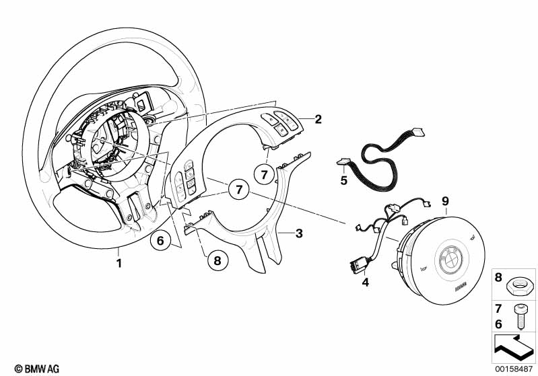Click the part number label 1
click(x=119, y=263)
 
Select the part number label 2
click(x=318, y=119)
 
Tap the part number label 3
click(x=299, y=233)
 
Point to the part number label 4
click(x=366, y=282)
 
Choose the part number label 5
click(x=344, y=180)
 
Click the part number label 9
click(x=445, y=201)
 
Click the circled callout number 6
click(x=160, y=241)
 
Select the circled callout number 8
click(x=217, y=261)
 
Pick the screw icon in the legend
click(x=521, y=317)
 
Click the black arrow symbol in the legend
click(x=514, y=347)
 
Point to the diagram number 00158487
click(x=514, y=369)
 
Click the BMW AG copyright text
click(x=37, y=369)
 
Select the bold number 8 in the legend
click(x=498, y=277)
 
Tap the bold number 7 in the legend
click(x=498, y=309)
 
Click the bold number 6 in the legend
click(x=498, y=324)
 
